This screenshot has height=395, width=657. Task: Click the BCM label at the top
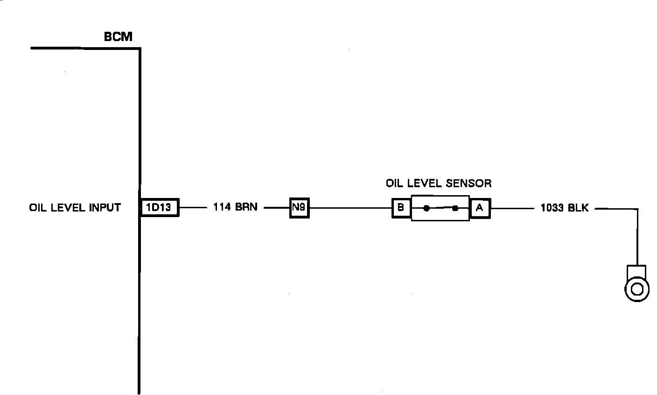pyautogui.click(x=118, y=37)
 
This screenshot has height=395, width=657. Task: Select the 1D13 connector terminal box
pyautogui.click(x=160, y=207)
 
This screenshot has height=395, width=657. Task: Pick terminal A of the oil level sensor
pyautogui.click(x=480, y=208)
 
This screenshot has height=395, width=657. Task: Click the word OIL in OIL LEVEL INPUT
pyautogui.click(x=37, y=207)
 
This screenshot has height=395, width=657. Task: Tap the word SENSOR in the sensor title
pyautogui.click(x=468, y=183)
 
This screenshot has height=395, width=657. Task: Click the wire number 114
pyautogui.click(x=222, y=207)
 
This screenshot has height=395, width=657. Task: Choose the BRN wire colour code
pyautogui.click(x=246, y=207)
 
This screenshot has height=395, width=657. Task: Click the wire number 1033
pyautogui.click(x=552, y=208)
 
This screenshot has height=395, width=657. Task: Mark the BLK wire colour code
pyautogui.click(x=579, y=208)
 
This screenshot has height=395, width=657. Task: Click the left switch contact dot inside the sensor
pyautogui.click(x=426, y=208)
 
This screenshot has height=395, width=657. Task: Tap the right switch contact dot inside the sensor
pyautogui.click(x=455, y=208)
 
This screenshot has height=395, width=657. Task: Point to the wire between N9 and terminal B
pyautogui.click(x=350, y=208)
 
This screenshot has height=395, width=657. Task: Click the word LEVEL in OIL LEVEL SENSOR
pyautogui.click(x=424, y=183)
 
